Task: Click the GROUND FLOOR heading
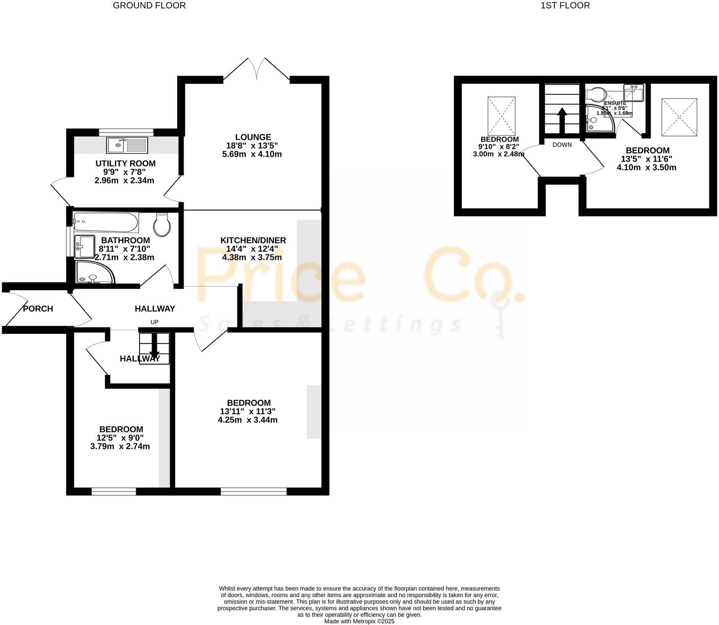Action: tap(149, 5)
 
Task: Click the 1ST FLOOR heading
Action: tap(565, 5)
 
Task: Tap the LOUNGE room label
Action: tap(253, 137)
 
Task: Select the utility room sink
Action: tap(127, 145)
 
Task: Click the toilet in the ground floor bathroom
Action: tap(162, 225)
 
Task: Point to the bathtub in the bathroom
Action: tap(106, 222)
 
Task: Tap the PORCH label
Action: tap(38, 309)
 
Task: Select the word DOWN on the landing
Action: tap(562, 145)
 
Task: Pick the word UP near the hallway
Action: tap(155, 322)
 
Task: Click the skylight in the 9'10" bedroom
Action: tap(501, 116)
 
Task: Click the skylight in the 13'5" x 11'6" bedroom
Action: tap(679, 117)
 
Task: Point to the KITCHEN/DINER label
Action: tap(253, 240)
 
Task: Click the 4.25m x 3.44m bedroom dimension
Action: tap(247, 420)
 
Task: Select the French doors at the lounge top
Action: tap(257, 69)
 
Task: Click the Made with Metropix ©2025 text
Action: tap(359, 621)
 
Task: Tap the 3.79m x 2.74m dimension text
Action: tap(120, 446)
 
